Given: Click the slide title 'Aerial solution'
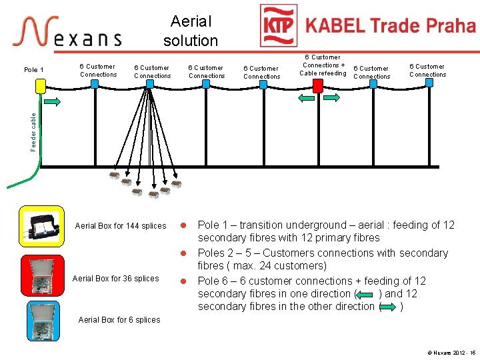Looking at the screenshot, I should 191,31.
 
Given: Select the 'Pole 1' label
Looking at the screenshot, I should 33,70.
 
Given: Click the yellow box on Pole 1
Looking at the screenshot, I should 41,86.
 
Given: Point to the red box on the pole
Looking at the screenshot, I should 318,86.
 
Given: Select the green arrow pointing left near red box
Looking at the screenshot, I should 307,98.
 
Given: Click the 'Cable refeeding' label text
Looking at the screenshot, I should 323,73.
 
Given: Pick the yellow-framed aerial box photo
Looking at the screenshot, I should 42,227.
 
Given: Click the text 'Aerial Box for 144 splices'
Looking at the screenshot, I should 121,226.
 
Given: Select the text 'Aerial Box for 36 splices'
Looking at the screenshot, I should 115,278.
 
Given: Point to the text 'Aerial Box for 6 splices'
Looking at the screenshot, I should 119,320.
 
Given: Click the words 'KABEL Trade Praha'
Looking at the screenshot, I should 390,26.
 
